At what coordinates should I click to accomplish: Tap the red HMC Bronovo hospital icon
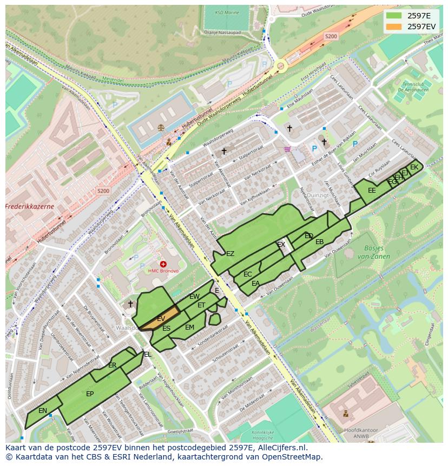pos(163,264)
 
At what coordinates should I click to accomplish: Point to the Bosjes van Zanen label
pos(373,253)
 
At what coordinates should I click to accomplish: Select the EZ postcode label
pos(230,254)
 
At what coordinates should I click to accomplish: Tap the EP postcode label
pos(90,393)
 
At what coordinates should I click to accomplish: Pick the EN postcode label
pos(43,411)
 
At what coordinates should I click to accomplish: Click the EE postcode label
pos(372,191)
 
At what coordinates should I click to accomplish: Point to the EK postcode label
pos(414,167)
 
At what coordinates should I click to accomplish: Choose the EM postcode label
pos(189,327)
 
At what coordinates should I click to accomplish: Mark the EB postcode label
pos(319,242)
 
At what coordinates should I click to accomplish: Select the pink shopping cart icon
pos(287,149)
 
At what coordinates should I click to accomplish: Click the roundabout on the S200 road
pos(280,67)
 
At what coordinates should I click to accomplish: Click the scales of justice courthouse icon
pos(161,127)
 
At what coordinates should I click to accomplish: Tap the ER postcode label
pos(112,365)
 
